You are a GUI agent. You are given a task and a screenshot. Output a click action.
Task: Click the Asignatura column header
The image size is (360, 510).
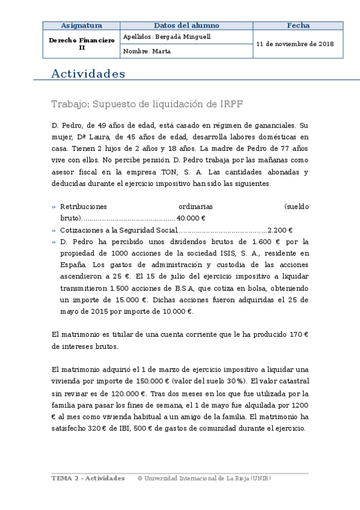coord(82,26)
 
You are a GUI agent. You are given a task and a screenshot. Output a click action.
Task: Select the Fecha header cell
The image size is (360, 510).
coord(298,26)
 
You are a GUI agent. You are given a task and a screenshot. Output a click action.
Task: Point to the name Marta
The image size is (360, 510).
coord(162,52)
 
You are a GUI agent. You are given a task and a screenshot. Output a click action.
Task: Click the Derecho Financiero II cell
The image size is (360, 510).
coord(82,44)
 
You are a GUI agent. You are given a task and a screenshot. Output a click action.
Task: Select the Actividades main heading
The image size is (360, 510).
coord(88,74)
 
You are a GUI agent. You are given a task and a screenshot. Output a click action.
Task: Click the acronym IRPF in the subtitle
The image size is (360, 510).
coord(231,104)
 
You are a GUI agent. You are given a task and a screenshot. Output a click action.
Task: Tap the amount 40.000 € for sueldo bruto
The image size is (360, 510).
coord(191,218)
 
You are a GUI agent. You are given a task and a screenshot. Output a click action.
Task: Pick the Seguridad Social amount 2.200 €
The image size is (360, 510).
coord(279,230)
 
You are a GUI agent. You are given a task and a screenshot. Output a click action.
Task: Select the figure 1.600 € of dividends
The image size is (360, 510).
coord(266,241)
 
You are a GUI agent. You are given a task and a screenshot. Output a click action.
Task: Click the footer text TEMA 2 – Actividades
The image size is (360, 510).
coord(88,478)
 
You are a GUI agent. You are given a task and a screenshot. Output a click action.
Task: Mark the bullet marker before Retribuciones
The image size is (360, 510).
coord(54,207)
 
